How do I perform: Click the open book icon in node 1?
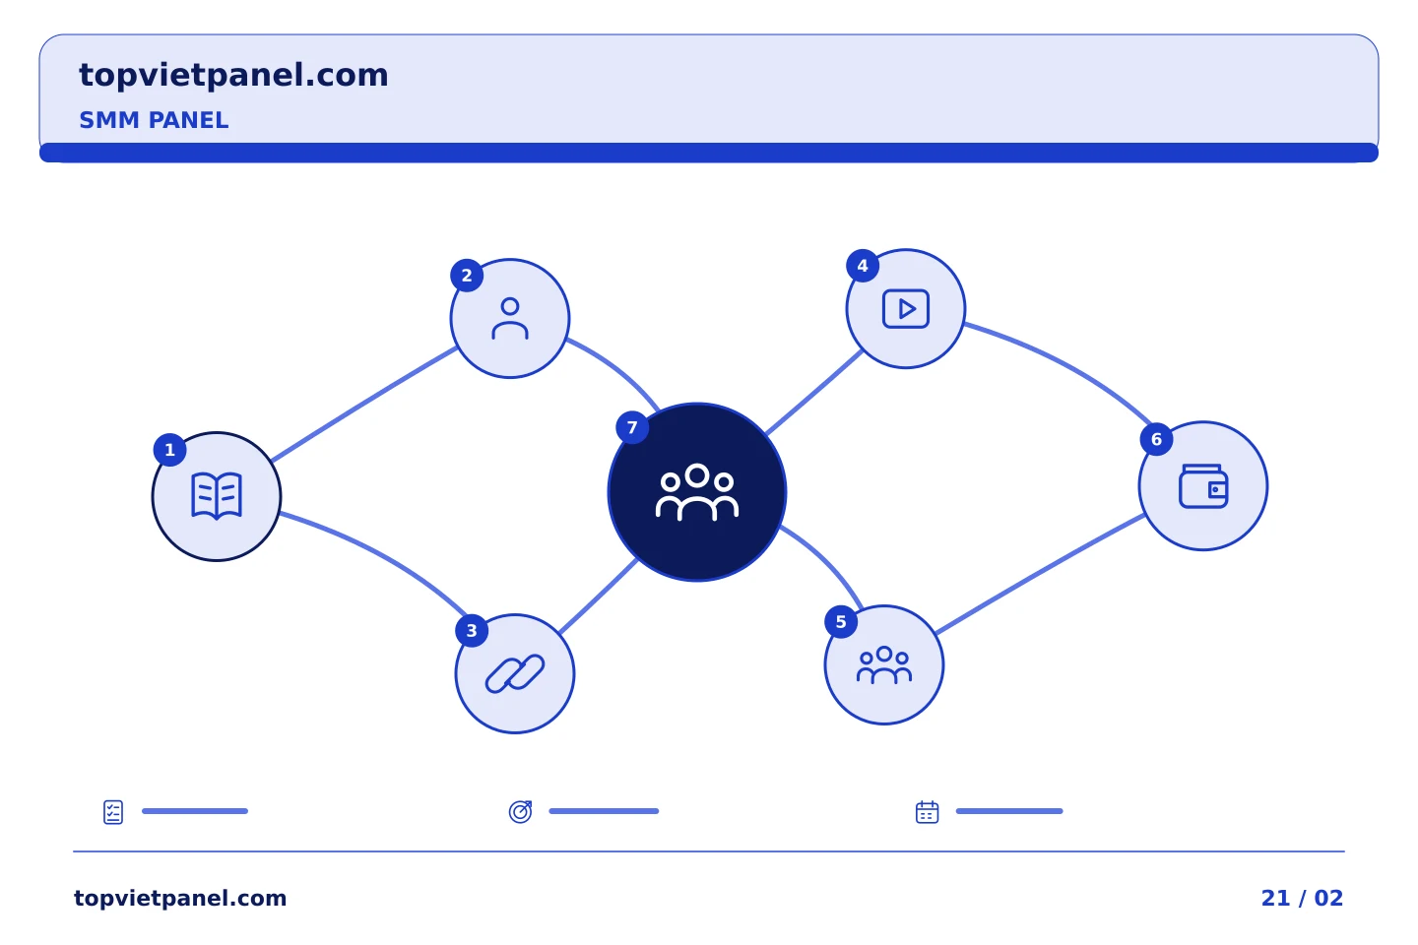click(217, 495)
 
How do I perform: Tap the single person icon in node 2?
click(510, 318)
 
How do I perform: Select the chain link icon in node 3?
click(515, 673)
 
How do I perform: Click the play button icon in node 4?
click(906, 309)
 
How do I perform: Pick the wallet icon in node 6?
click(1203, 486)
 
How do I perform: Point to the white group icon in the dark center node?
click(697, 492)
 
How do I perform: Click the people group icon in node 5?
click(884, 664)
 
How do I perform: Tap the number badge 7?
click(632, 427)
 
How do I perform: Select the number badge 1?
click(169, 450)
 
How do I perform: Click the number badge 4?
click(863, 266)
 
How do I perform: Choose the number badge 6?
click(1156, 439)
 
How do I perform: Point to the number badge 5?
click(841, 622)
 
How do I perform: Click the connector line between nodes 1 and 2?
click(364, 404)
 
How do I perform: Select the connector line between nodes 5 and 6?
click(1040, 574)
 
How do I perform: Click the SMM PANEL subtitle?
click(154, 120)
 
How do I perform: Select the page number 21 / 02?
click(1302, 898)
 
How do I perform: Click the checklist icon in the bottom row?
click(113, 812)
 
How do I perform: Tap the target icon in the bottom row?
click(520, 811)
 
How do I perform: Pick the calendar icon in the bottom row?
click(928, 812)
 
